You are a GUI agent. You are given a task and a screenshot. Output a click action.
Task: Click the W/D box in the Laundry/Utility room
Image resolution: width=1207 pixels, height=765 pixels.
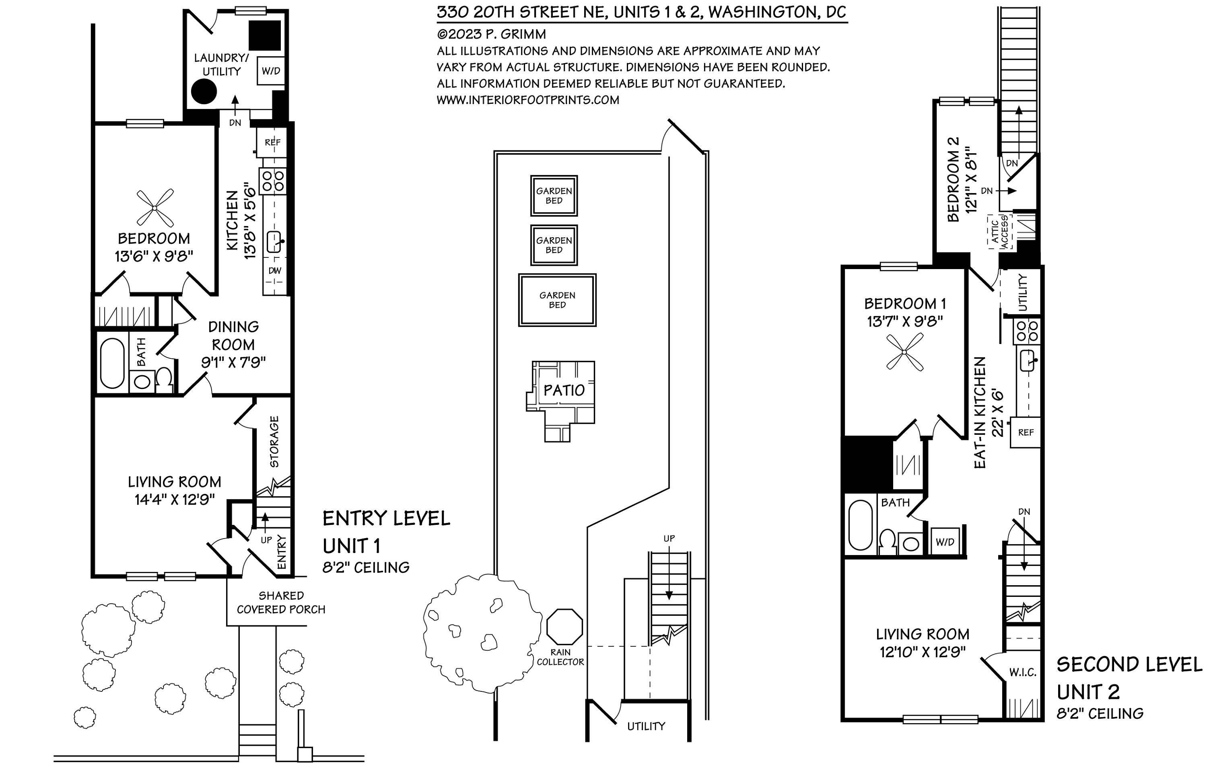271,71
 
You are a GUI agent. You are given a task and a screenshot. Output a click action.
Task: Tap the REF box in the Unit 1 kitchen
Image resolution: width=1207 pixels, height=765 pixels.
272,142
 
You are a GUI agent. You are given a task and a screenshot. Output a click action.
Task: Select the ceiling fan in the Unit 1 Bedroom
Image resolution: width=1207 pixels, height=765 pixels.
155,208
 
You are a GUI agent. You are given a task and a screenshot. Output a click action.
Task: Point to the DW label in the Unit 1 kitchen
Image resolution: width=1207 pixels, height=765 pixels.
275,271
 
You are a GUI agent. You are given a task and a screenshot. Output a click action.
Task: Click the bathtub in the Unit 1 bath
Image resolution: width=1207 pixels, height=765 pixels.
112,363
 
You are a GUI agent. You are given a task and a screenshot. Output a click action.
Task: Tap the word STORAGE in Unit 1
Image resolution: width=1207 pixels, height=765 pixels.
274,441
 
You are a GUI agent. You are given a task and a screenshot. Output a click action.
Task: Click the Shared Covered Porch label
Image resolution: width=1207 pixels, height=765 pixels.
281,602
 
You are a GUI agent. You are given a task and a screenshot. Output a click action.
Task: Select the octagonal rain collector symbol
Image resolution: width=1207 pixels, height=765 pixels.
564,626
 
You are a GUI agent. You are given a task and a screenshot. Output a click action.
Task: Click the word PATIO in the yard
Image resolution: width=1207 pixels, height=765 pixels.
564,390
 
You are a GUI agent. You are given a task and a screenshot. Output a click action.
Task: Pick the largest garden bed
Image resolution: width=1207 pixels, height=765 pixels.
557,300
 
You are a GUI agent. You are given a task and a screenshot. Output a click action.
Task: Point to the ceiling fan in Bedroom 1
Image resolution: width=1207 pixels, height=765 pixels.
904,353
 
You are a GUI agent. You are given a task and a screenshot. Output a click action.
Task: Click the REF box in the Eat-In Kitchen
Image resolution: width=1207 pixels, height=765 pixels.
1026,432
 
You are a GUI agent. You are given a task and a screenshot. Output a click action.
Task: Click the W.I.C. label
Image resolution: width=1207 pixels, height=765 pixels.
1023,672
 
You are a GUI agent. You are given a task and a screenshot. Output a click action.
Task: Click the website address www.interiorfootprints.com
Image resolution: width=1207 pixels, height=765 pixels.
528,100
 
